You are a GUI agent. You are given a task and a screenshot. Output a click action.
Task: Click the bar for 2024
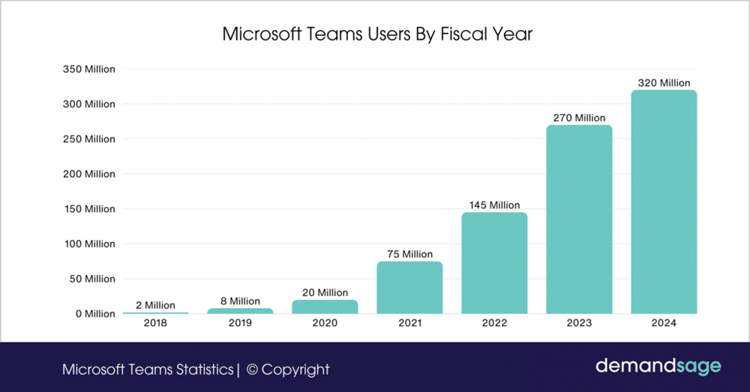(x=664, y=202)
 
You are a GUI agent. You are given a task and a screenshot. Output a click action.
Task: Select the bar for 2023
(x=579, y=219)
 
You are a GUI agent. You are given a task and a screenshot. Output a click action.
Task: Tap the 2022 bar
(x=494, y=263)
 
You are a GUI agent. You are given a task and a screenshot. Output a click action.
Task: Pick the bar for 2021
(x=409, y=287)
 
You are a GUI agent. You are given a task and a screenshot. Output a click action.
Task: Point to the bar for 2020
(x=325, y=307)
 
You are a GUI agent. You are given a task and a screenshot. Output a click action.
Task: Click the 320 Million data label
(x=664, y=83)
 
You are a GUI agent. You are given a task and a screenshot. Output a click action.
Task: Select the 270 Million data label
(x=579, y=118)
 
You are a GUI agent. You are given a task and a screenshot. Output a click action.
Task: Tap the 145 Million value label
(x=494, y=205)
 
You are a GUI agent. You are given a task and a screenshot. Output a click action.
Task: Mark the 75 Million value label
(x=409, y=254)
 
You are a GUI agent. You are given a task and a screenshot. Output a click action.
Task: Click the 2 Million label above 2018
(x=155, y=305)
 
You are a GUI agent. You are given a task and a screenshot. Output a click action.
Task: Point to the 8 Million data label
(x=240, y=301)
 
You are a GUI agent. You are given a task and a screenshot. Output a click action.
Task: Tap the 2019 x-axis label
(x=240, y=323)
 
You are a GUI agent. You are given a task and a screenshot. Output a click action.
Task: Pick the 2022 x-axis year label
(x=494, y=323)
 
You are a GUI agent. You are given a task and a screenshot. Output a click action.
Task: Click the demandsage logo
(x=658, y=367)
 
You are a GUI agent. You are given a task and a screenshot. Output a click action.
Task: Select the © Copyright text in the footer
(x=288, y=370)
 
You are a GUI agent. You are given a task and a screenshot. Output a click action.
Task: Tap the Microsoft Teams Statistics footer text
(x=148, y=370)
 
